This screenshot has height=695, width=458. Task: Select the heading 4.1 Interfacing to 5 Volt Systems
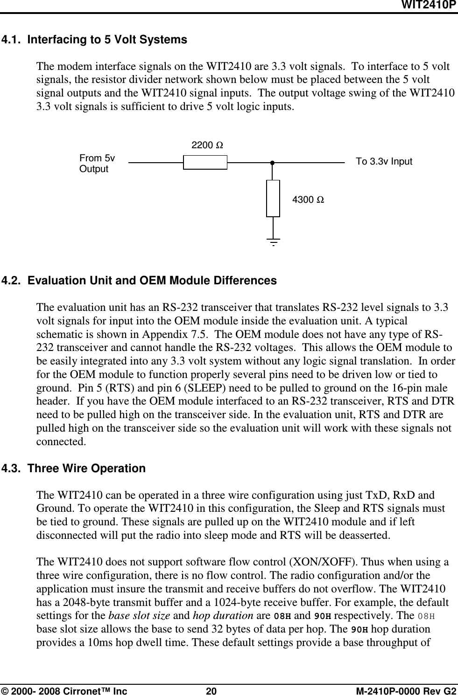point(94,40)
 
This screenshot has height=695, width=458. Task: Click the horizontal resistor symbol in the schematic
point(205,163)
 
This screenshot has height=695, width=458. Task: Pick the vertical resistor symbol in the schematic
point(273,198)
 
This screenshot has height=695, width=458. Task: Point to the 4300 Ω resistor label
point(308,200)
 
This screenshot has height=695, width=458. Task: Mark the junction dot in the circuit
point(271,163)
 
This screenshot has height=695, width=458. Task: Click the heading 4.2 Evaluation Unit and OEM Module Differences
point(139,281)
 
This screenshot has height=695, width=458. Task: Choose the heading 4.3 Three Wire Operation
point(74,468)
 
